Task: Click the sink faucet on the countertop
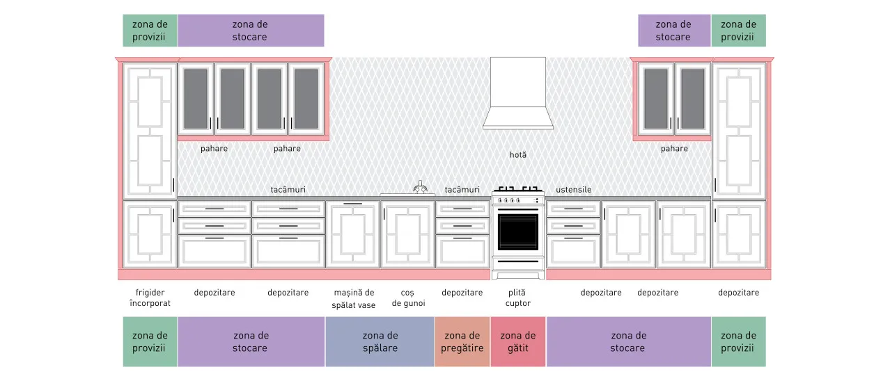click(420, 187)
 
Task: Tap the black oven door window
click(517, 232)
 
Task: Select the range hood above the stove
click(518, 93)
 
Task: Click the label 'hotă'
click(518, 155)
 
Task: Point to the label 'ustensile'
click(573, 190)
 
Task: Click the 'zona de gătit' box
click(518, 342)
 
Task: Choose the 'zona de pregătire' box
click(462, 342)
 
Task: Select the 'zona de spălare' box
click(380, 342)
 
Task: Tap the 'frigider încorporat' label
click(150, 298)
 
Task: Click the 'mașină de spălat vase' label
click(354, 298)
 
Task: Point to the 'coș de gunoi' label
click(408, 298)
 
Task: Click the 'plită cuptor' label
click(517, 298)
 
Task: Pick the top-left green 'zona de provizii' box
click(150, 31)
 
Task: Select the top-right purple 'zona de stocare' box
click(674, 31)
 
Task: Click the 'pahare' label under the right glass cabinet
click(674, 149)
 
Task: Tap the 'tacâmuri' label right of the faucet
click(462, 190)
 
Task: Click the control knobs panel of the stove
click(518, 200)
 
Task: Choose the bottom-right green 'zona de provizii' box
click(739, 342)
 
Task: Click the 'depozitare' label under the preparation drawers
click(462, 293)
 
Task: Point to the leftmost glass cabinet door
click(196, 98)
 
